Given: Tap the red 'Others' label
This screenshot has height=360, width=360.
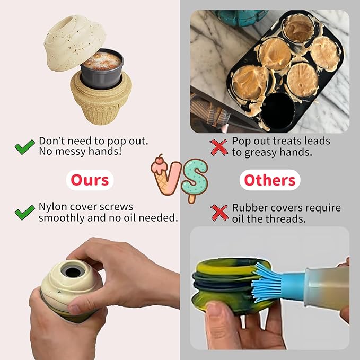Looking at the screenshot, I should tap(269, 180).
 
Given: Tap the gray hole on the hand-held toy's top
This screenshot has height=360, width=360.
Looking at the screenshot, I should tap(71, 271).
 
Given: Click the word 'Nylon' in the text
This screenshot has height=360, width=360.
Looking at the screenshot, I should tap(54, 207).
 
